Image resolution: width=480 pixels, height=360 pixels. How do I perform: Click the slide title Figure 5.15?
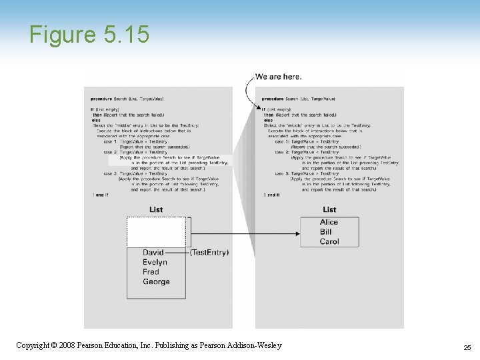point(89,35)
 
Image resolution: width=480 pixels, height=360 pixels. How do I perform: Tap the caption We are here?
point(279,77)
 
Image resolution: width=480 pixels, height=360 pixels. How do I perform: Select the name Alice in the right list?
point(329,222)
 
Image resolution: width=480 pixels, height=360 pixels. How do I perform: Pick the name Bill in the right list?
point(325,232)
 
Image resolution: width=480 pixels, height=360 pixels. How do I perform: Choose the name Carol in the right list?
point(329,241)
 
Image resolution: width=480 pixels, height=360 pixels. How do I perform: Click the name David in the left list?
point(153,253)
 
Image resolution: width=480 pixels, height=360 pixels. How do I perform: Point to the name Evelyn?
point(155,263)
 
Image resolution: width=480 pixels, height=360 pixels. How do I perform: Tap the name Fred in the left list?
point(151,272)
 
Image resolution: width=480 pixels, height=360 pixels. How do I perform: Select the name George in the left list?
point(156,282)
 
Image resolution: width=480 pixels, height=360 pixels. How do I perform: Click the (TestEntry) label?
point(209,253)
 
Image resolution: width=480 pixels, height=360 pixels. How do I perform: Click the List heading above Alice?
point(329,210)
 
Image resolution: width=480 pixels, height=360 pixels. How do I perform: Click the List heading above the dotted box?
point(156,210)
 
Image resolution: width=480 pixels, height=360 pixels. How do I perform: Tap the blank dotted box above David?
point(156,232)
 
